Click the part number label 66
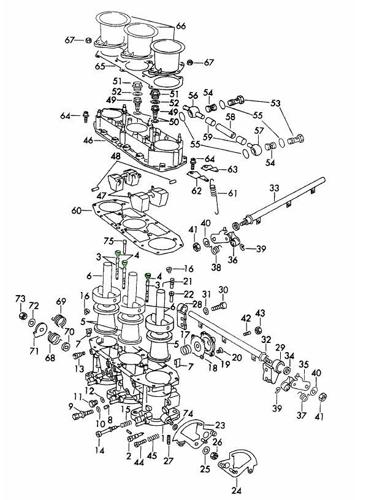(x=181, y=26)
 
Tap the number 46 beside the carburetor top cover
(x=88, y=140)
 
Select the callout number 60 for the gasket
(x=77, y=211)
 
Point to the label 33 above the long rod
(x=274, y=188)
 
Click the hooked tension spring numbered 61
(x=215, y=196)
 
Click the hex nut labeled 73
(x=22, y=315)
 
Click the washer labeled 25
(x=206, y=450)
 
